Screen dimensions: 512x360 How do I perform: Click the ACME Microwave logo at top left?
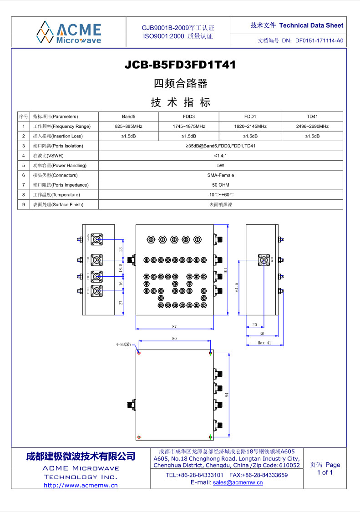pos(69,31)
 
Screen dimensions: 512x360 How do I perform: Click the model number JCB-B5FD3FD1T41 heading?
pos(180,65)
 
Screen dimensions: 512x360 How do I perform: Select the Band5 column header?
pos(128,117)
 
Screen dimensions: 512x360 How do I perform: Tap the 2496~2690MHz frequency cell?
pos(312,126)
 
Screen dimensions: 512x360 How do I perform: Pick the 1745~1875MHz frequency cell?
pos(189,126)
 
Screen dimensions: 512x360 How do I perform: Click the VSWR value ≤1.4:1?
pos(221,156)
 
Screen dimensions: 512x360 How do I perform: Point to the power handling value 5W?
pos(221,165)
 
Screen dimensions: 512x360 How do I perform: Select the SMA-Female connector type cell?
pos(221,175)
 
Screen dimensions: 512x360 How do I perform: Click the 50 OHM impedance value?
pos(221,185)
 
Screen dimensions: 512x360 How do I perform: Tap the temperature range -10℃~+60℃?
pos(221,195)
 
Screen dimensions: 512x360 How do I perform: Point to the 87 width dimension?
pos(174,326)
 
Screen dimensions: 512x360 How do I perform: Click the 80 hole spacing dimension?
pos(174,339)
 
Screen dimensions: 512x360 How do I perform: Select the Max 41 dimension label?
pos(264,343)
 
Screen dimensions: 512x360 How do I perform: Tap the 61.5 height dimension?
pos(237,288)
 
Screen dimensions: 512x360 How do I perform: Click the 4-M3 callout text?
pos(123,345)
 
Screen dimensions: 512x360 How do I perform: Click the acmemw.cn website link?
pos(81,485)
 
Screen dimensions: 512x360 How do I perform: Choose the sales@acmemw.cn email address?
pos(238,482)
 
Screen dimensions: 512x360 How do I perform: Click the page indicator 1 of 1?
pos(325,472)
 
